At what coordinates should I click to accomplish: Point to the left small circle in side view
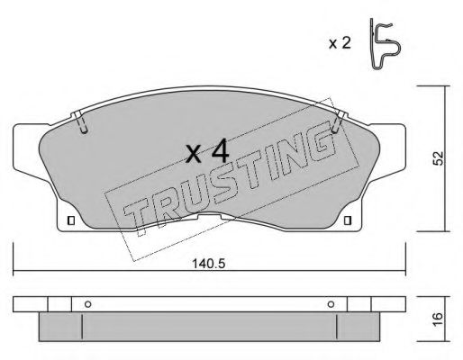[86, 303]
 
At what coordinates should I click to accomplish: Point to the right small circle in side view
[331, 303]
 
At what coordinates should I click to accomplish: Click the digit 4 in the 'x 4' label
[219, 151]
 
